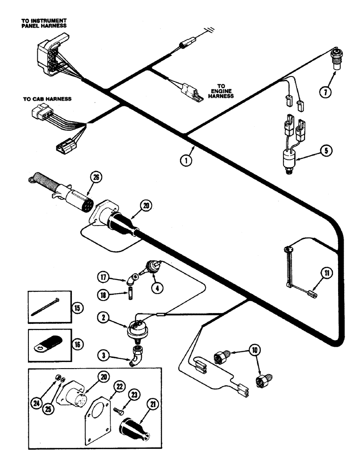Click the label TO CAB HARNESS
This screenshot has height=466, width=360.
[x=47, y=99]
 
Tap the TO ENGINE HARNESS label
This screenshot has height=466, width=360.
[x=221, y=91]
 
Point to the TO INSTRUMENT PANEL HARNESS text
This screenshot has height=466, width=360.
[x=44, y=24]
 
